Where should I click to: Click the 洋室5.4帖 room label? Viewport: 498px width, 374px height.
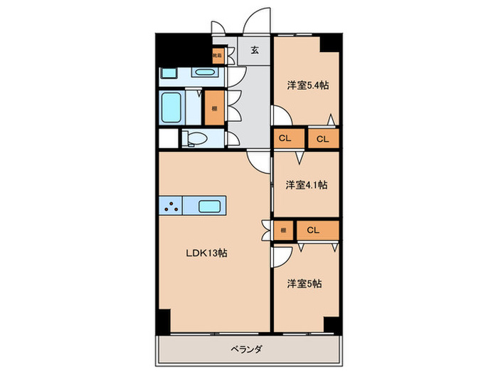tap(307, 85)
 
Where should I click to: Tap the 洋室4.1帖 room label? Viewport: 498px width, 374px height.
tap(307, 185)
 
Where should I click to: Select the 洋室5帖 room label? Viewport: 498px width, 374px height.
tap(305, 284)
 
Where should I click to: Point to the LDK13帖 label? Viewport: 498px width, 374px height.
tap(207, 253)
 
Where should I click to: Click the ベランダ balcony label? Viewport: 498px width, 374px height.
tap(246, 349)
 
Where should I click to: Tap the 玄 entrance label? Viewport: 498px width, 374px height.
tap(254, 50)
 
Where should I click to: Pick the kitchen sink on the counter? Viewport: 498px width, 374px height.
tap(209, 207)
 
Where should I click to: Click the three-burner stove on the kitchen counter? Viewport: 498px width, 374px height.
tap(171, 207)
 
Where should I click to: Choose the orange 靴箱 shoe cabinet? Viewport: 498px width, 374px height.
tap(216, 53)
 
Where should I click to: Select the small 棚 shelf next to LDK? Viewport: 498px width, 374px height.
tap(283, 229)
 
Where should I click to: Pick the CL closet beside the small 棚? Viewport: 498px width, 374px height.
tap(313, 229)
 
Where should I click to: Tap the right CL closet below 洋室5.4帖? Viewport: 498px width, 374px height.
tap(322, 138)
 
